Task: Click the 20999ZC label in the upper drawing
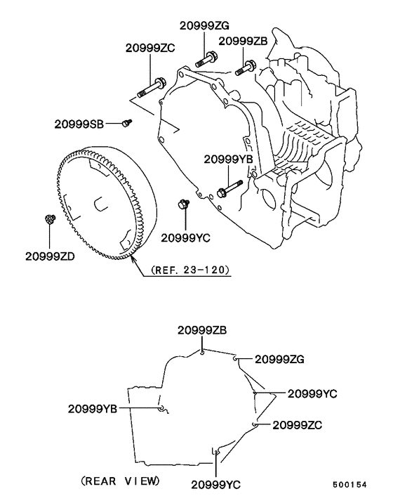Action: pyautogui.click(x=150, y=48)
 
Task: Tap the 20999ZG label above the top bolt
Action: pyautogui.click(x=204, y=25)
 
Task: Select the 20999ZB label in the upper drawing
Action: pyautogui.click(x=243, y=41)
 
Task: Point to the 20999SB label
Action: pyautogui.click(x=79, y=124)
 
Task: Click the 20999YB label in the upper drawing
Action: pyautogui.click(x=228, y=159)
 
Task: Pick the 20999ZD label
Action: pyautogui.click(x=50, y=256)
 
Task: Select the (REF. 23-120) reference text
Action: pyautogui.click(x=190, y=270)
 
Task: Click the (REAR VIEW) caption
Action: pyautogui.click(x=121, y=481)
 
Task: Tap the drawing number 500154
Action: pyautogui.click(x=349, y=485)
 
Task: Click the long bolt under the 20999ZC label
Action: pyautogui.click(x=152, y=88)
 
